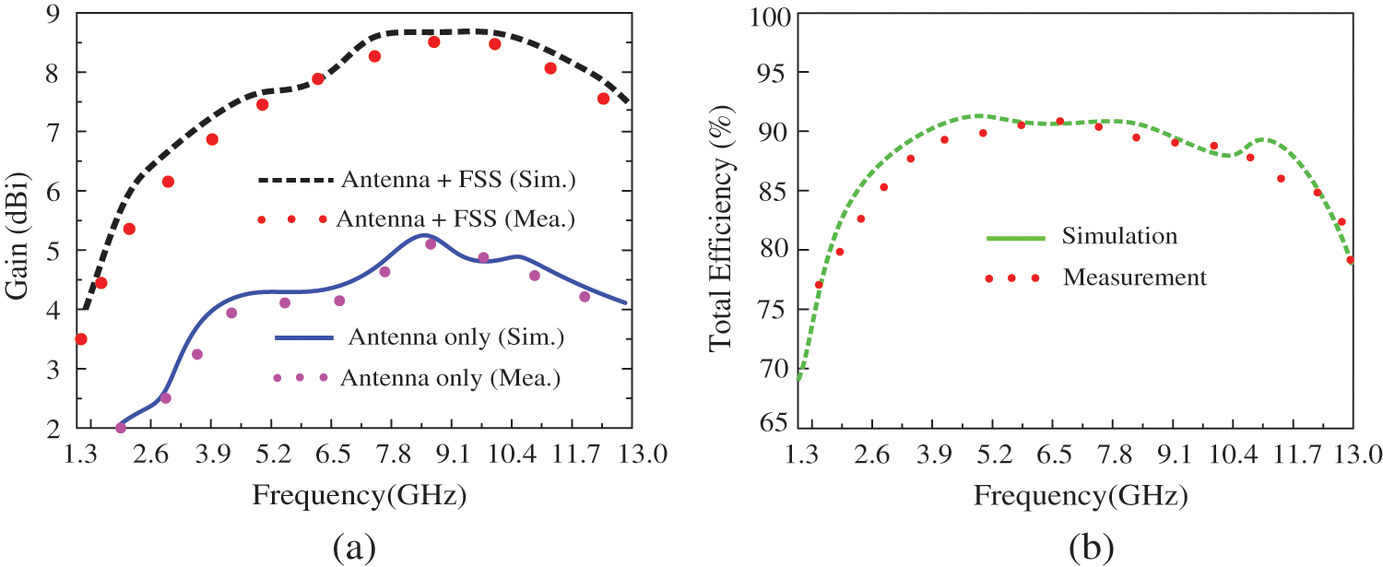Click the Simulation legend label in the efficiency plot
[1119, 236]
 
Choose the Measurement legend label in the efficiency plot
[1134, 277]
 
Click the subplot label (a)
[354, 546]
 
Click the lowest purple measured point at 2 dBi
[121, 428]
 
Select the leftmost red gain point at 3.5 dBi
[81, 339]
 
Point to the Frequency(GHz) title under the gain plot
[358, 496]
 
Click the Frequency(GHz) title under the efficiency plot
[1080, 496]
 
